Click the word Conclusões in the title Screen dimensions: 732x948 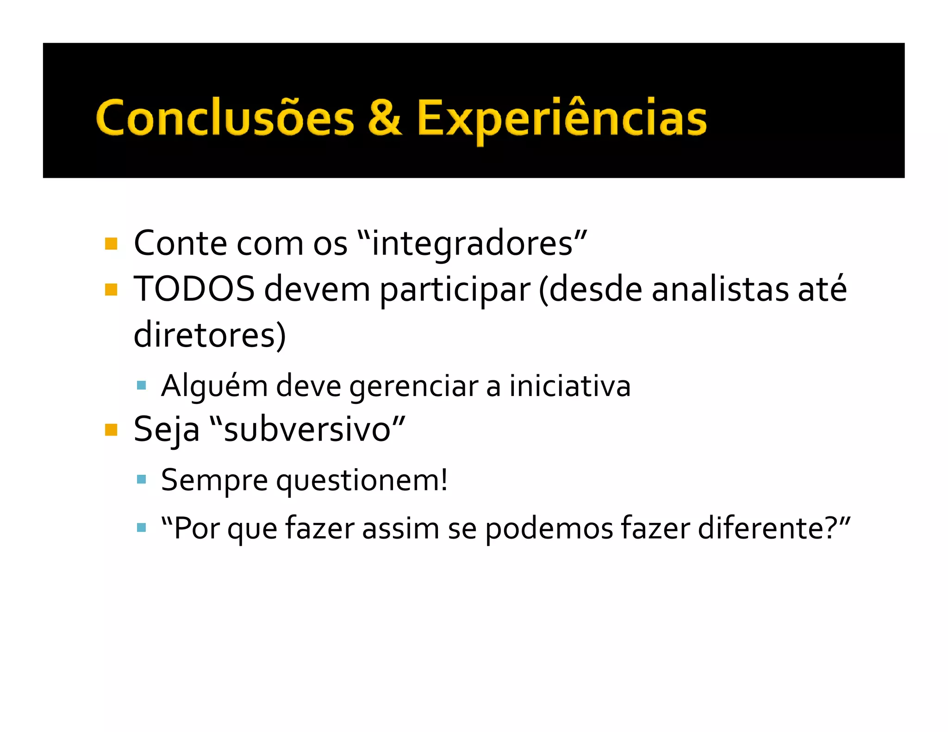(x=225, y=118)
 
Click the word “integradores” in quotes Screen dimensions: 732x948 (x=473, y=243)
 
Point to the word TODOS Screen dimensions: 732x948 (x=194, y=289)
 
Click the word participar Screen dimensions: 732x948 (x=455, y=291)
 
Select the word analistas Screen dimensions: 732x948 (x=720, y=289)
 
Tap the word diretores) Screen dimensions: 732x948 (x=210, y=335)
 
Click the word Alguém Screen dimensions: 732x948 (x=214, y=386)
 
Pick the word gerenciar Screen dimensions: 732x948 (x=414, y=387)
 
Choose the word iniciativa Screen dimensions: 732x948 (x=570, y=386)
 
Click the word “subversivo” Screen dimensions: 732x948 (x=308, y=429)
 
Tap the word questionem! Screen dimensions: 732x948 (x=362, y=481)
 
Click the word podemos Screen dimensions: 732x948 (x=549, y=528)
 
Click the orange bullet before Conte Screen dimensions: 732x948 (x=111, y=243)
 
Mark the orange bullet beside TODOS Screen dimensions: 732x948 (x=111, y=290)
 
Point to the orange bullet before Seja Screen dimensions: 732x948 (x=111, y=430)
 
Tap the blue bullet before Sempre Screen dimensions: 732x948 (x=142, y=479)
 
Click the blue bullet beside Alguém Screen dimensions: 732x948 (x=142, y=385)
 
